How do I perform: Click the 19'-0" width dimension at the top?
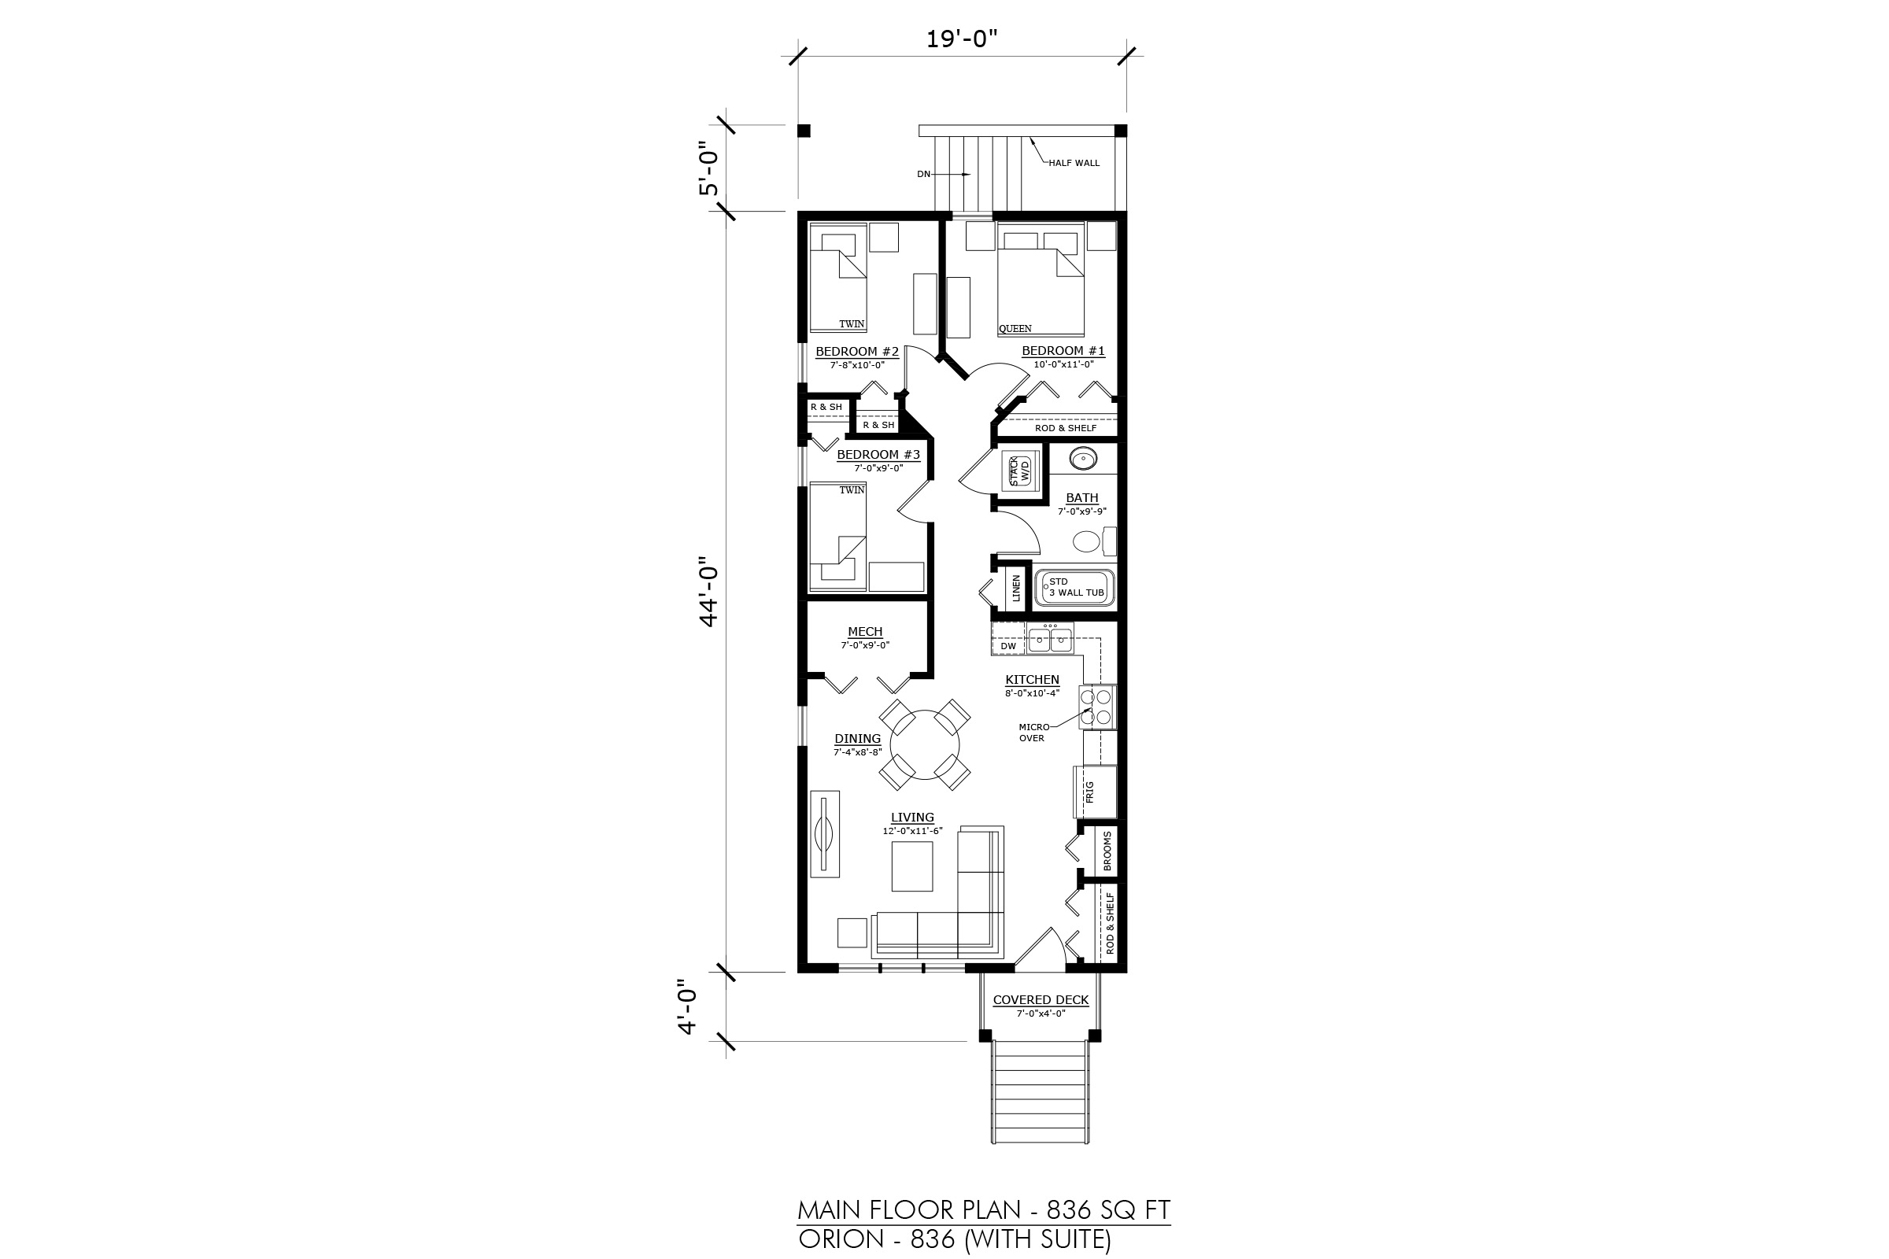coord(961,39)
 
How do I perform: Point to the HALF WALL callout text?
coord(1074,163)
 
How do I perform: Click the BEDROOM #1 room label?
coord(1063,351)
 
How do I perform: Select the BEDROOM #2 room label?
coord(857,352)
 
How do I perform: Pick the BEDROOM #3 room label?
coord(878,455)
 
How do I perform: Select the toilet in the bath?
coord(1094,541)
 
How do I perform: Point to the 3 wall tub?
coord(1074,588)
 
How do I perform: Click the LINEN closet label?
coord(1016,588)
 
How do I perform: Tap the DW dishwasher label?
coord(1008,646)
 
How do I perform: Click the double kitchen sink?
coord(1051,638)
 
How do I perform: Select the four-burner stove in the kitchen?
coord(1097,707)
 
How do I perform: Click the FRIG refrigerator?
coord(1096,792)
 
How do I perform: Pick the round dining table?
coord(926,745)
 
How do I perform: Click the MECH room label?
coord(865,632)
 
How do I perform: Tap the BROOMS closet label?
coord(1107,851)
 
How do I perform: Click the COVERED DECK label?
coord(1041,1000)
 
